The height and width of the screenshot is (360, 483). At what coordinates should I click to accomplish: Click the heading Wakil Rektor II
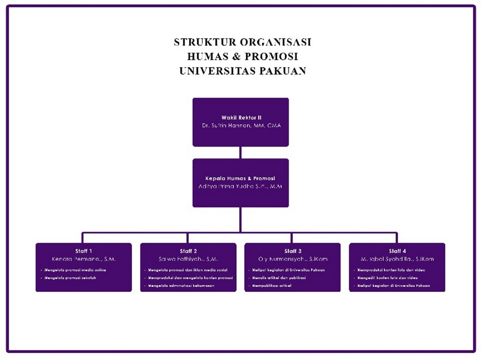pyautogui.click(x=241, y=117)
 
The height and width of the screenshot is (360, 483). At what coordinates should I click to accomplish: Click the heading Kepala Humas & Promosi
pyautogui.click(x=241, y=178)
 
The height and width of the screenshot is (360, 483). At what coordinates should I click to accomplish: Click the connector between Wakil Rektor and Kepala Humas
pyautogui.click(x=241, y=152)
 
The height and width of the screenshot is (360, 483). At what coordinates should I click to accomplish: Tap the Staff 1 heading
pyautogui.click(x=84, y=251)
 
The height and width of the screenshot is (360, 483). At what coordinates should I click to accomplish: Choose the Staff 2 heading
pyautogui.click(x=188, y=251)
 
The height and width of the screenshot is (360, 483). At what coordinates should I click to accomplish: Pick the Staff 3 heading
pyautogui.click(x=293, y=251)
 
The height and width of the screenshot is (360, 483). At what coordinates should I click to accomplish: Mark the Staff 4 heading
pyautogui.click(x=397, y=251)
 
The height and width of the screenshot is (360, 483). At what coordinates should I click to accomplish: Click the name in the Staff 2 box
pyautogui.click(x=188, y=259)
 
